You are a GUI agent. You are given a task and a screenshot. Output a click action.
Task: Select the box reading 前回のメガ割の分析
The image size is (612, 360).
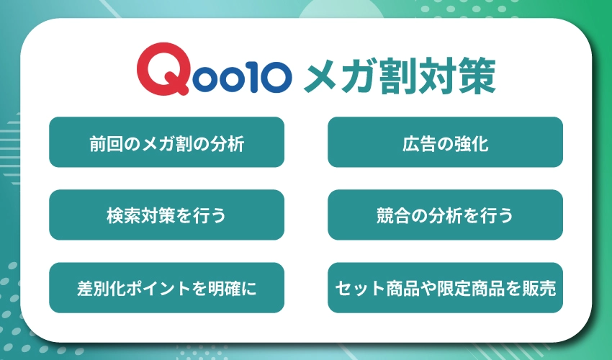166,143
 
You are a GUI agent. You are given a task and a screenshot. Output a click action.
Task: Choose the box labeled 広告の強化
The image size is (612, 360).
445,143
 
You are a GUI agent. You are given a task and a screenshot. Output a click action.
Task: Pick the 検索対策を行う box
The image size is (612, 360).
166,215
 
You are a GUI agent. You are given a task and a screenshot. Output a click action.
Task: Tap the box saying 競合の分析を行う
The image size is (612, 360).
445,215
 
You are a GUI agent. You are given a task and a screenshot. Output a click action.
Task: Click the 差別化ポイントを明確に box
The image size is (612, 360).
166,287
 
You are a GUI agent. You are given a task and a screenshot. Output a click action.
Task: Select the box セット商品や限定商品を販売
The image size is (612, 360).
445,287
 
